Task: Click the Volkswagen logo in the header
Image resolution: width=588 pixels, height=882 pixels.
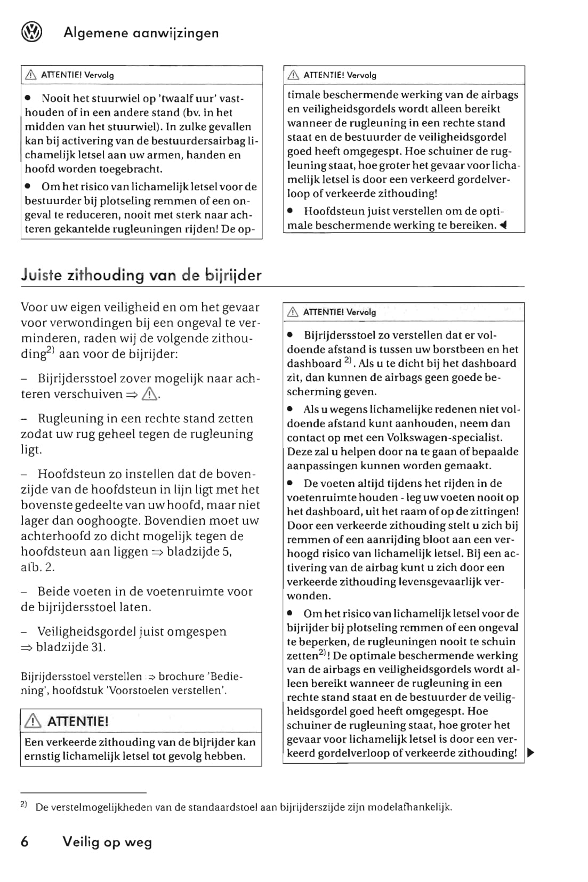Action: tap(31, 33)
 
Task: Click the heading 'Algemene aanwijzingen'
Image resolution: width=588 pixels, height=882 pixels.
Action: tap(141, 33)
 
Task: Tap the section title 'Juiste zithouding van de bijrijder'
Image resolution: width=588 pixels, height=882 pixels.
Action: tap(141, 275)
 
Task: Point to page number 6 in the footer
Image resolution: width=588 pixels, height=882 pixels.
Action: tap(25, 842)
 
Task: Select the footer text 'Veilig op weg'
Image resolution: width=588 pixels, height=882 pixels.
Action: tap(107, 843)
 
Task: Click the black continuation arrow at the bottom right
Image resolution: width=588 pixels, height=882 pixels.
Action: tap(530, 753)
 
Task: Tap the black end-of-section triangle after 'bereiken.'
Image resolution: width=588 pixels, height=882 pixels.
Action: tap(503, 226)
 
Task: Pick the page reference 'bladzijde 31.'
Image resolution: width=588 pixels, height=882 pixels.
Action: tap(71, 647)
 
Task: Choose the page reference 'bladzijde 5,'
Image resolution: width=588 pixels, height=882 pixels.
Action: tap(199, 551)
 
